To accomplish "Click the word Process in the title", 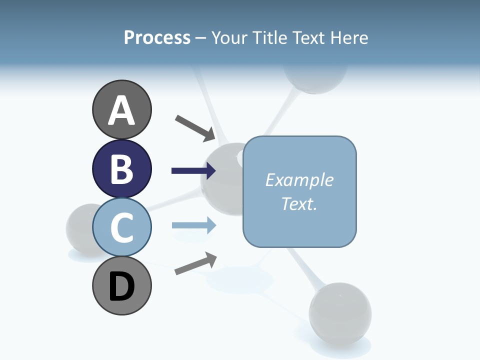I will (x=157, y=38).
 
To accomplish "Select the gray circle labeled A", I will (x=121, y=109).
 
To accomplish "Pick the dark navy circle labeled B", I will (x=121, y=168).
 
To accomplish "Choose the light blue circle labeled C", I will (x=121, y=227).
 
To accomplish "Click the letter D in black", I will (x=121, y=286).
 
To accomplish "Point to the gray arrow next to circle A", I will (x=195, y=127).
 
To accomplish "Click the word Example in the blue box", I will (x=299, y=180).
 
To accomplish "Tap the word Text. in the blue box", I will (x=299, y=203).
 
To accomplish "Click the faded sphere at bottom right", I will (x=340, y=312).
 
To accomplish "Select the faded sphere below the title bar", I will (x=315, y=80).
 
